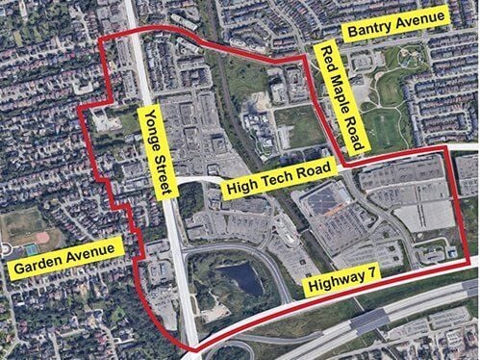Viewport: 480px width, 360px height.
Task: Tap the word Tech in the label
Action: (x=279, y=180)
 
